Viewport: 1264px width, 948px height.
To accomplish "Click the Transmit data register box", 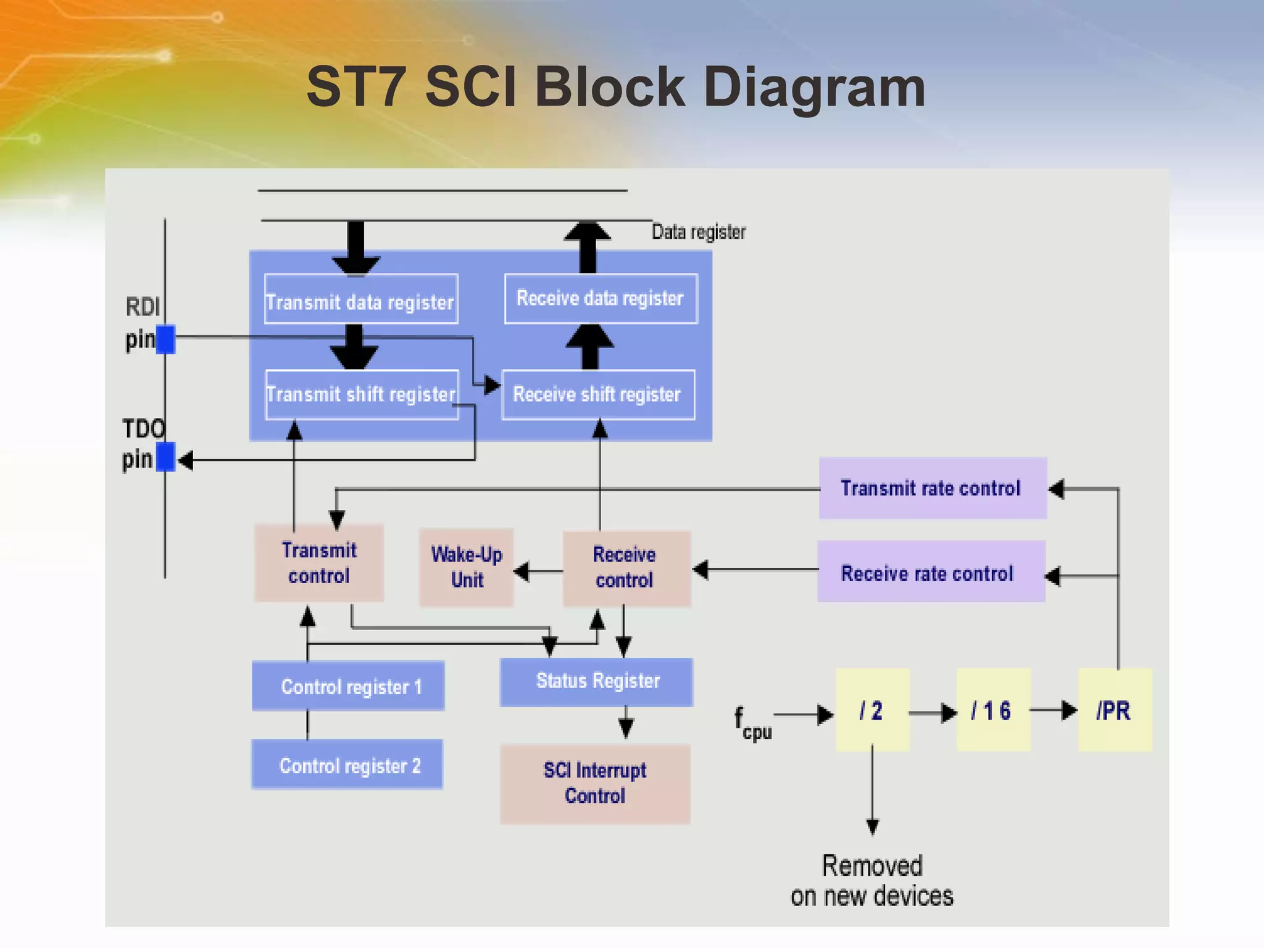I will click(x=361, y=299).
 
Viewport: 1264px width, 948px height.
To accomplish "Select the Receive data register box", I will click(x=601, y=299).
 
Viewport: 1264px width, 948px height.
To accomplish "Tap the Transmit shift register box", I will click(x=362, y=395).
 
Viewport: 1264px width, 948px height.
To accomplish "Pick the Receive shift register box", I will click(x=598, y=395).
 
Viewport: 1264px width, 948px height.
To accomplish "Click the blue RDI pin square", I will click(x=165, y=339).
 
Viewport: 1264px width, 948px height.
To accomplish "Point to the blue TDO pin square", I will click(x=165, y=457).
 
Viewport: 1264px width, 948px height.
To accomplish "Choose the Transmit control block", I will click(x=319, y=563).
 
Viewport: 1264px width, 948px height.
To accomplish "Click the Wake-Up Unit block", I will click(x=467, y=567).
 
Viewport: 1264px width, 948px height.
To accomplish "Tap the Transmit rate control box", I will click(x=932, y=488).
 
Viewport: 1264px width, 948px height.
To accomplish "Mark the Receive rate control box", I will click(x=930, y=572).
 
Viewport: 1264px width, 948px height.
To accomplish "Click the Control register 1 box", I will click(x=348, y=686).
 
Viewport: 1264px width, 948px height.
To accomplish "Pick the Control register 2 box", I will click(x=347, y=765).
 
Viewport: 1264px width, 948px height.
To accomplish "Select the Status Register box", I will click(x=596, y=681).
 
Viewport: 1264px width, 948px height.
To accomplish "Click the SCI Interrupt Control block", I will click(x=595, y=783).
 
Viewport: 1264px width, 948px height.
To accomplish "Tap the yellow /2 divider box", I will click(x=872, y=710).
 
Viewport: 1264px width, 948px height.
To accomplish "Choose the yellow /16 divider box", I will click(x=993, y=710).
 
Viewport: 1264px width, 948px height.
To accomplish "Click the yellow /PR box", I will click(x=1115, y=710).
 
